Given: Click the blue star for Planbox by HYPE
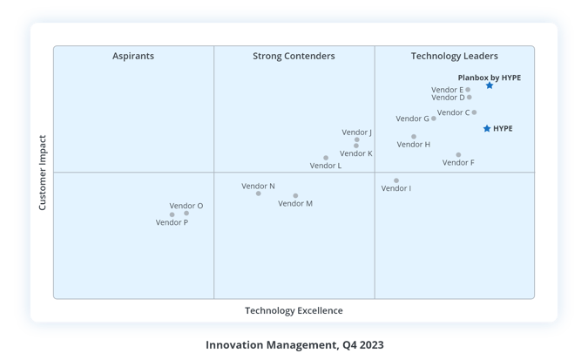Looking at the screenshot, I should pos(490,85).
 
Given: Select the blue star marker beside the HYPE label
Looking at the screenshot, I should pos(487,129).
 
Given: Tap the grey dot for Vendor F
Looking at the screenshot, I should pos(458,155).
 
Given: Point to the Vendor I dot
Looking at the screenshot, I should pos(396,181).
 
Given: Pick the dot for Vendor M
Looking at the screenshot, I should pos(295,196).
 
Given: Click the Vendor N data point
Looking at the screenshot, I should pos(259,194).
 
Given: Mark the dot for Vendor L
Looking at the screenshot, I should pos(326,159).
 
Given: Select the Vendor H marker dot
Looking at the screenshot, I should pos(414,137).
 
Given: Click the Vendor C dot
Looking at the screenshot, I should pos(474,112).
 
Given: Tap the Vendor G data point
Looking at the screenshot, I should pos(434,119).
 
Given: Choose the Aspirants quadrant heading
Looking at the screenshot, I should pos(133,57).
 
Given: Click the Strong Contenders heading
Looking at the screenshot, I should pos(294,57).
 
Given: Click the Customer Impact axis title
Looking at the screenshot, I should pos(43,172).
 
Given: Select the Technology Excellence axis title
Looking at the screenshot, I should pos(294,311).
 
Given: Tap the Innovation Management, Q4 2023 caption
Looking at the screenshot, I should pos(294,345).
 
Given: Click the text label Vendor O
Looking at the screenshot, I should pos(186,206).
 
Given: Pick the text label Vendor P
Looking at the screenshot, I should pos(172,222).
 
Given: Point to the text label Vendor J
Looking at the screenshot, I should pos(357,132).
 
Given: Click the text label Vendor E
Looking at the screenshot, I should pos(448,90).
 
